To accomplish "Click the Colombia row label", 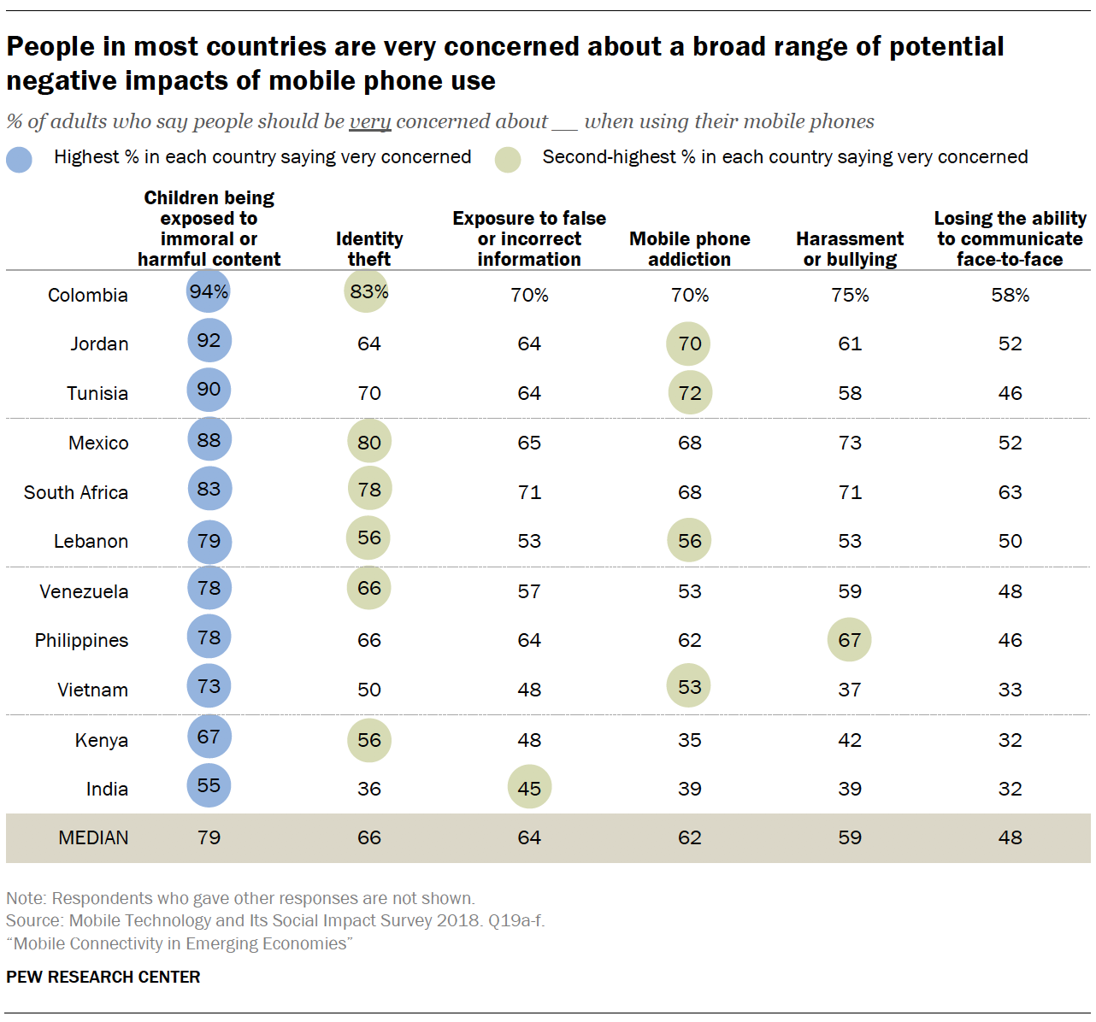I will (x=88, y=295).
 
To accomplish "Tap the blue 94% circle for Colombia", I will (x=209, y=292).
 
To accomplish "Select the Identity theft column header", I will (x=369, y=249).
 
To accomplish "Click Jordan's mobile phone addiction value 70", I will (x=689, y=344).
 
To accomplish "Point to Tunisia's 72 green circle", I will (x=689, y=393).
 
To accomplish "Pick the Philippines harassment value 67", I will (x=849, y=640).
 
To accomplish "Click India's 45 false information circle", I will (x=529, y=788).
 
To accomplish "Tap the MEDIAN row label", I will (x=93, y=837).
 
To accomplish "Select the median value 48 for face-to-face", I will (x=1010, y=837).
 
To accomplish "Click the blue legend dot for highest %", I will (x=19, y=160).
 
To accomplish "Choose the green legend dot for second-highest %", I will (x=508, y=160).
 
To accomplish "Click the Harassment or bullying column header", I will (x=850, y=249).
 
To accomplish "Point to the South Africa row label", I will (x=76, y=492).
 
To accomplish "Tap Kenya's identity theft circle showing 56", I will (x=369, y=740).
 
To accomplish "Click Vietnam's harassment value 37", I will (x=849, y=690).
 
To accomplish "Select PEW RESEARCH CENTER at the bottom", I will (x=103, y=977).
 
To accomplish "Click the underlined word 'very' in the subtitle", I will (x=370, y=122).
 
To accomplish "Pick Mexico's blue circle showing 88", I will (x=209, y=440).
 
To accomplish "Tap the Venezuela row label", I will (x=84, y=591).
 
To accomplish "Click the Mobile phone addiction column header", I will (x=690, y=249).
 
